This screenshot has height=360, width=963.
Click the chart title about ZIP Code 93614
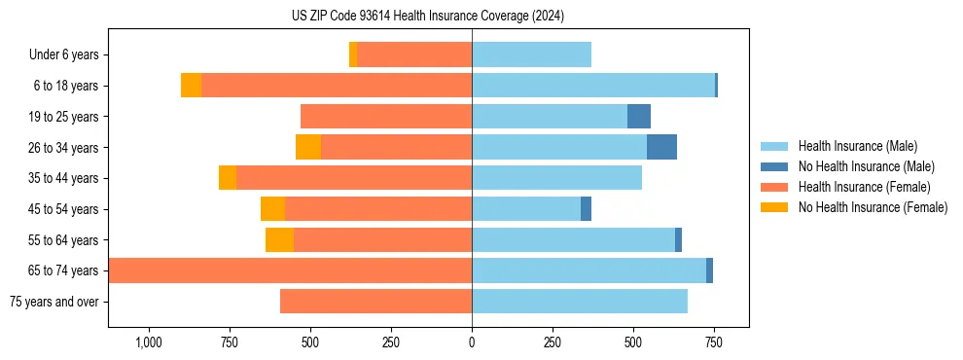tap(428, 17)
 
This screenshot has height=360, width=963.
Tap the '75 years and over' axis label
tap(54, 302)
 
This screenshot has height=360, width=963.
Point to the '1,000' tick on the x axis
tap(149, 342)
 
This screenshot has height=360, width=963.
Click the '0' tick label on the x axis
tap(472, 342)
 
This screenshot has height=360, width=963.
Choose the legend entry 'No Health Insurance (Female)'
tap(873, 207)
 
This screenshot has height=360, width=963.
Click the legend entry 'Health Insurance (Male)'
tap(857, 146)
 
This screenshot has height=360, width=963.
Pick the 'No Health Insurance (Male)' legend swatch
tap(774, 166)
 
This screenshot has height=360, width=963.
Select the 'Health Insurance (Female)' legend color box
tap(774, 187)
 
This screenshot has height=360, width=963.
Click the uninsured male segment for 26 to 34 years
tap(661, 147)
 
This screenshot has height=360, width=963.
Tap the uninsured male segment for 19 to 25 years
tap(638, 117)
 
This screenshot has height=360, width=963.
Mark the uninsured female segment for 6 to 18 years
tap(191, 86)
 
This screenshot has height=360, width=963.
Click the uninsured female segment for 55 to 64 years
tap(279, 240)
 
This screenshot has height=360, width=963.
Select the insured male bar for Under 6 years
tap(531, 55)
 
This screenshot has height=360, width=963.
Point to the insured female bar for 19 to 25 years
tap(386, 117)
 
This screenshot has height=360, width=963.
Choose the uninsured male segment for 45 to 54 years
tap(586, 209)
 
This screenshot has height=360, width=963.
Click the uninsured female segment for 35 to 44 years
tap(228, 178)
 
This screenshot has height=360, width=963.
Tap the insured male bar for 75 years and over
tap(580, 302)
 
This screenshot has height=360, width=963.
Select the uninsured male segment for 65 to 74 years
tap(709, 270)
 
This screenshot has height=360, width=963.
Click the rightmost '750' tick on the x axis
tap(713, 342)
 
